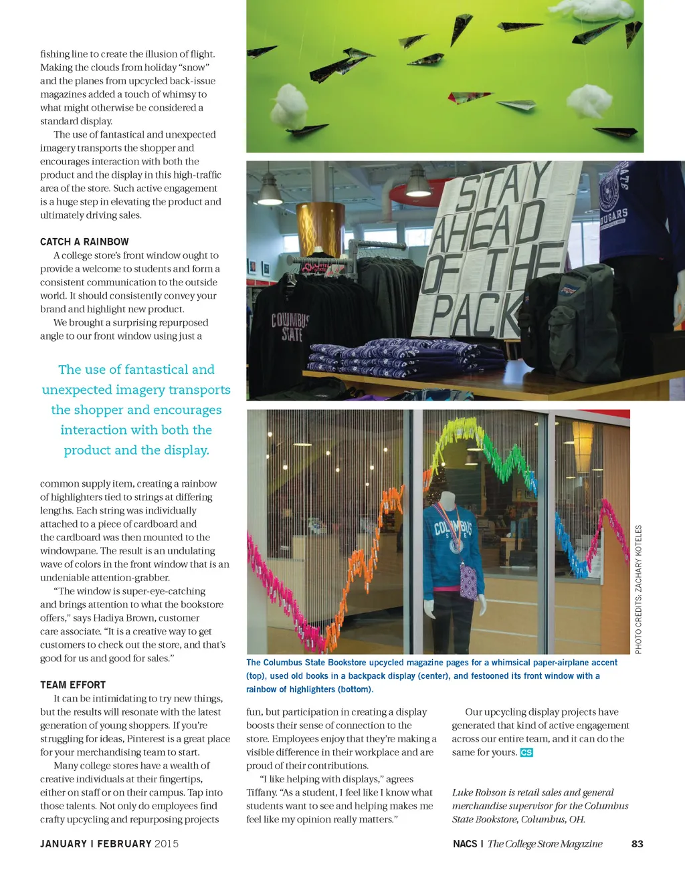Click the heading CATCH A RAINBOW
click(x=84, y=242)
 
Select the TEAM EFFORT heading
click(x=73, y=685)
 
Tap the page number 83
click(x=637, y=844)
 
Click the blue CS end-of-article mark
click(x=526, y=752)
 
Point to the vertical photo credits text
click(x=638, y=589)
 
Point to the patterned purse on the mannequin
click(x=468, y=580)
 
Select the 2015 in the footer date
click(x=167, y=844)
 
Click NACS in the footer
click(x=465, y=844)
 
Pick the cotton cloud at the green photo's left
click(x=289, y=104)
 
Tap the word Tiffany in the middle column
click(x=262, y=792)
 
